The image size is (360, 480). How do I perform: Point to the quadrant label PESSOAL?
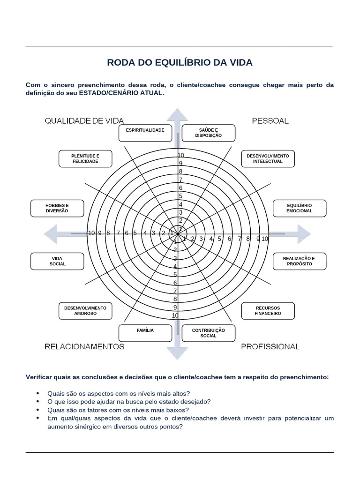[270, 121]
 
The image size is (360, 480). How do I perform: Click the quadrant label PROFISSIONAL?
[270, 346]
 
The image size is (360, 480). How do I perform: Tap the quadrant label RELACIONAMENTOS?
[84, 346]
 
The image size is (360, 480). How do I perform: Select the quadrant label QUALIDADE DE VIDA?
[84, 121]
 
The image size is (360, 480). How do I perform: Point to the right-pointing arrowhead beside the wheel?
[304, 234]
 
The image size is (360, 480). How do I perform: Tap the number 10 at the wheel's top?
[181, 155]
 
